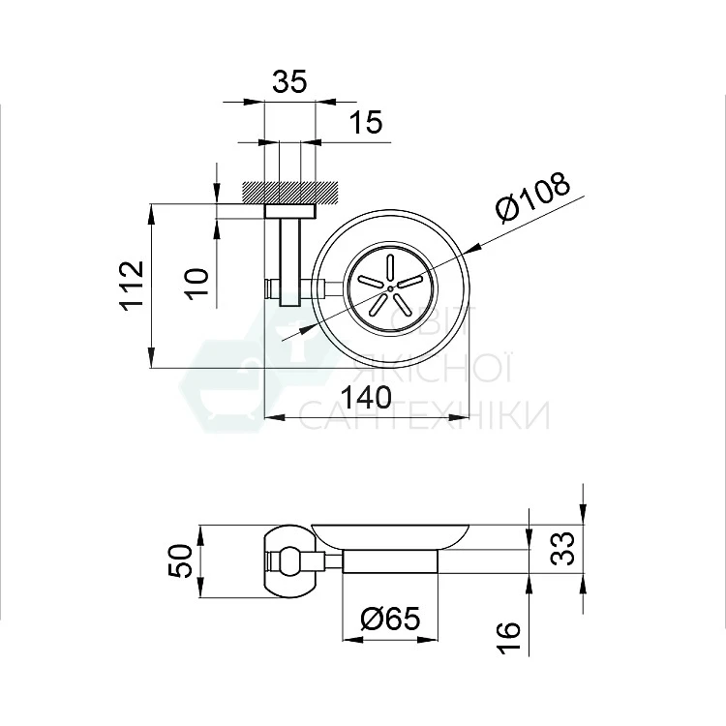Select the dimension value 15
point(366,123)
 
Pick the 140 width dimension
point(365,398)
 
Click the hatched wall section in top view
point(289,192)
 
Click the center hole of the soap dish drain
point(389,287)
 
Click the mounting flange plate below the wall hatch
point(289,211)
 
